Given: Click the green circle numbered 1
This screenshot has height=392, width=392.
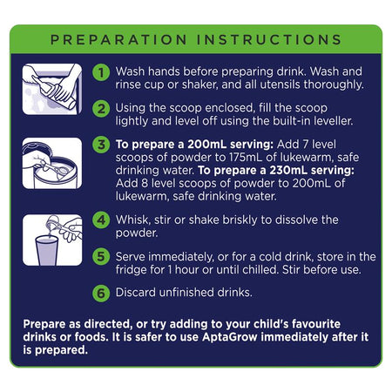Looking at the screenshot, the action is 101,72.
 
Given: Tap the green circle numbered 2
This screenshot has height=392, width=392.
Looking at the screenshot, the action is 101,109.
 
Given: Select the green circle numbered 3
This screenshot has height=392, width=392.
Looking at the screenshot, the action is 101,145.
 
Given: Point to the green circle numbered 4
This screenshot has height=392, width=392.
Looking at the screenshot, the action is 101,220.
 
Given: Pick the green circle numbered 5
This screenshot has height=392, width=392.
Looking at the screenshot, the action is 101,257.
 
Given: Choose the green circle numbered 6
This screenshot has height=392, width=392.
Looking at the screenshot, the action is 101,293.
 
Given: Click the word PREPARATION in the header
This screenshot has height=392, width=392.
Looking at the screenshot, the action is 118,40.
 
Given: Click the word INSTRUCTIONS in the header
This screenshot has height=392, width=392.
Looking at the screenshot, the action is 269,40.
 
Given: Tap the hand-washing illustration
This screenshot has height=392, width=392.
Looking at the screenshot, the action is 52,89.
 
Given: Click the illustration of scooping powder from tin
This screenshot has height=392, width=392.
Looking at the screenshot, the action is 52,163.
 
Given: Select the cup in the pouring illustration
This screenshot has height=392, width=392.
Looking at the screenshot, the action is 46,251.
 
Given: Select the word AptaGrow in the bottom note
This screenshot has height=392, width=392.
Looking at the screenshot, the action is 230,337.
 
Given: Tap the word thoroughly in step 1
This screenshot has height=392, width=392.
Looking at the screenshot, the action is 334,85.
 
